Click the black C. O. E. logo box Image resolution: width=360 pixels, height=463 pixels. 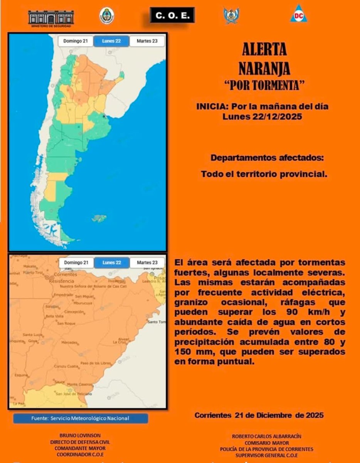(172, 15)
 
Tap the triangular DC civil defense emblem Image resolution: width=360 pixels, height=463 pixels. (299, 14)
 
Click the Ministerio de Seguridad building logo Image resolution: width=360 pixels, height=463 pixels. (51, 18)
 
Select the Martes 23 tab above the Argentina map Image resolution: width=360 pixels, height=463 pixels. (147, 41)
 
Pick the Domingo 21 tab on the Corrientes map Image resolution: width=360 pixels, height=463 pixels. (76, 263)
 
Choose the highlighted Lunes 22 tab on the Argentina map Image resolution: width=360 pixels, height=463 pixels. (111, 41)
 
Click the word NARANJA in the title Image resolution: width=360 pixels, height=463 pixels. (264, 69)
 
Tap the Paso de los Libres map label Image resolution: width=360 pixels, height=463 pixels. (96, 363)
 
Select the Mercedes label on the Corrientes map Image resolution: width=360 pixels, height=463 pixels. (69, 342)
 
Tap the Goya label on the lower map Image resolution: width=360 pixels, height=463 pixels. (34, 341)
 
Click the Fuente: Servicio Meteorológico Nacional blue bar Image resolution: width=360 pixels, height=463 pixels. (80, 418)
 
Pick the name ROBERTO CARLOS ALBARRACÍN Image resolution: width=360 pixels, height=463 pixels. (267, 436)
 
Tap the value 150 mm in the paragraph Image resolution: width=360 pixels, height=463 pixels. (188, 352)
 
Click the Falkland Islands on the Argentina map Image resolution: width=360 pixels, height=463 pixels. (99, 218)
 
